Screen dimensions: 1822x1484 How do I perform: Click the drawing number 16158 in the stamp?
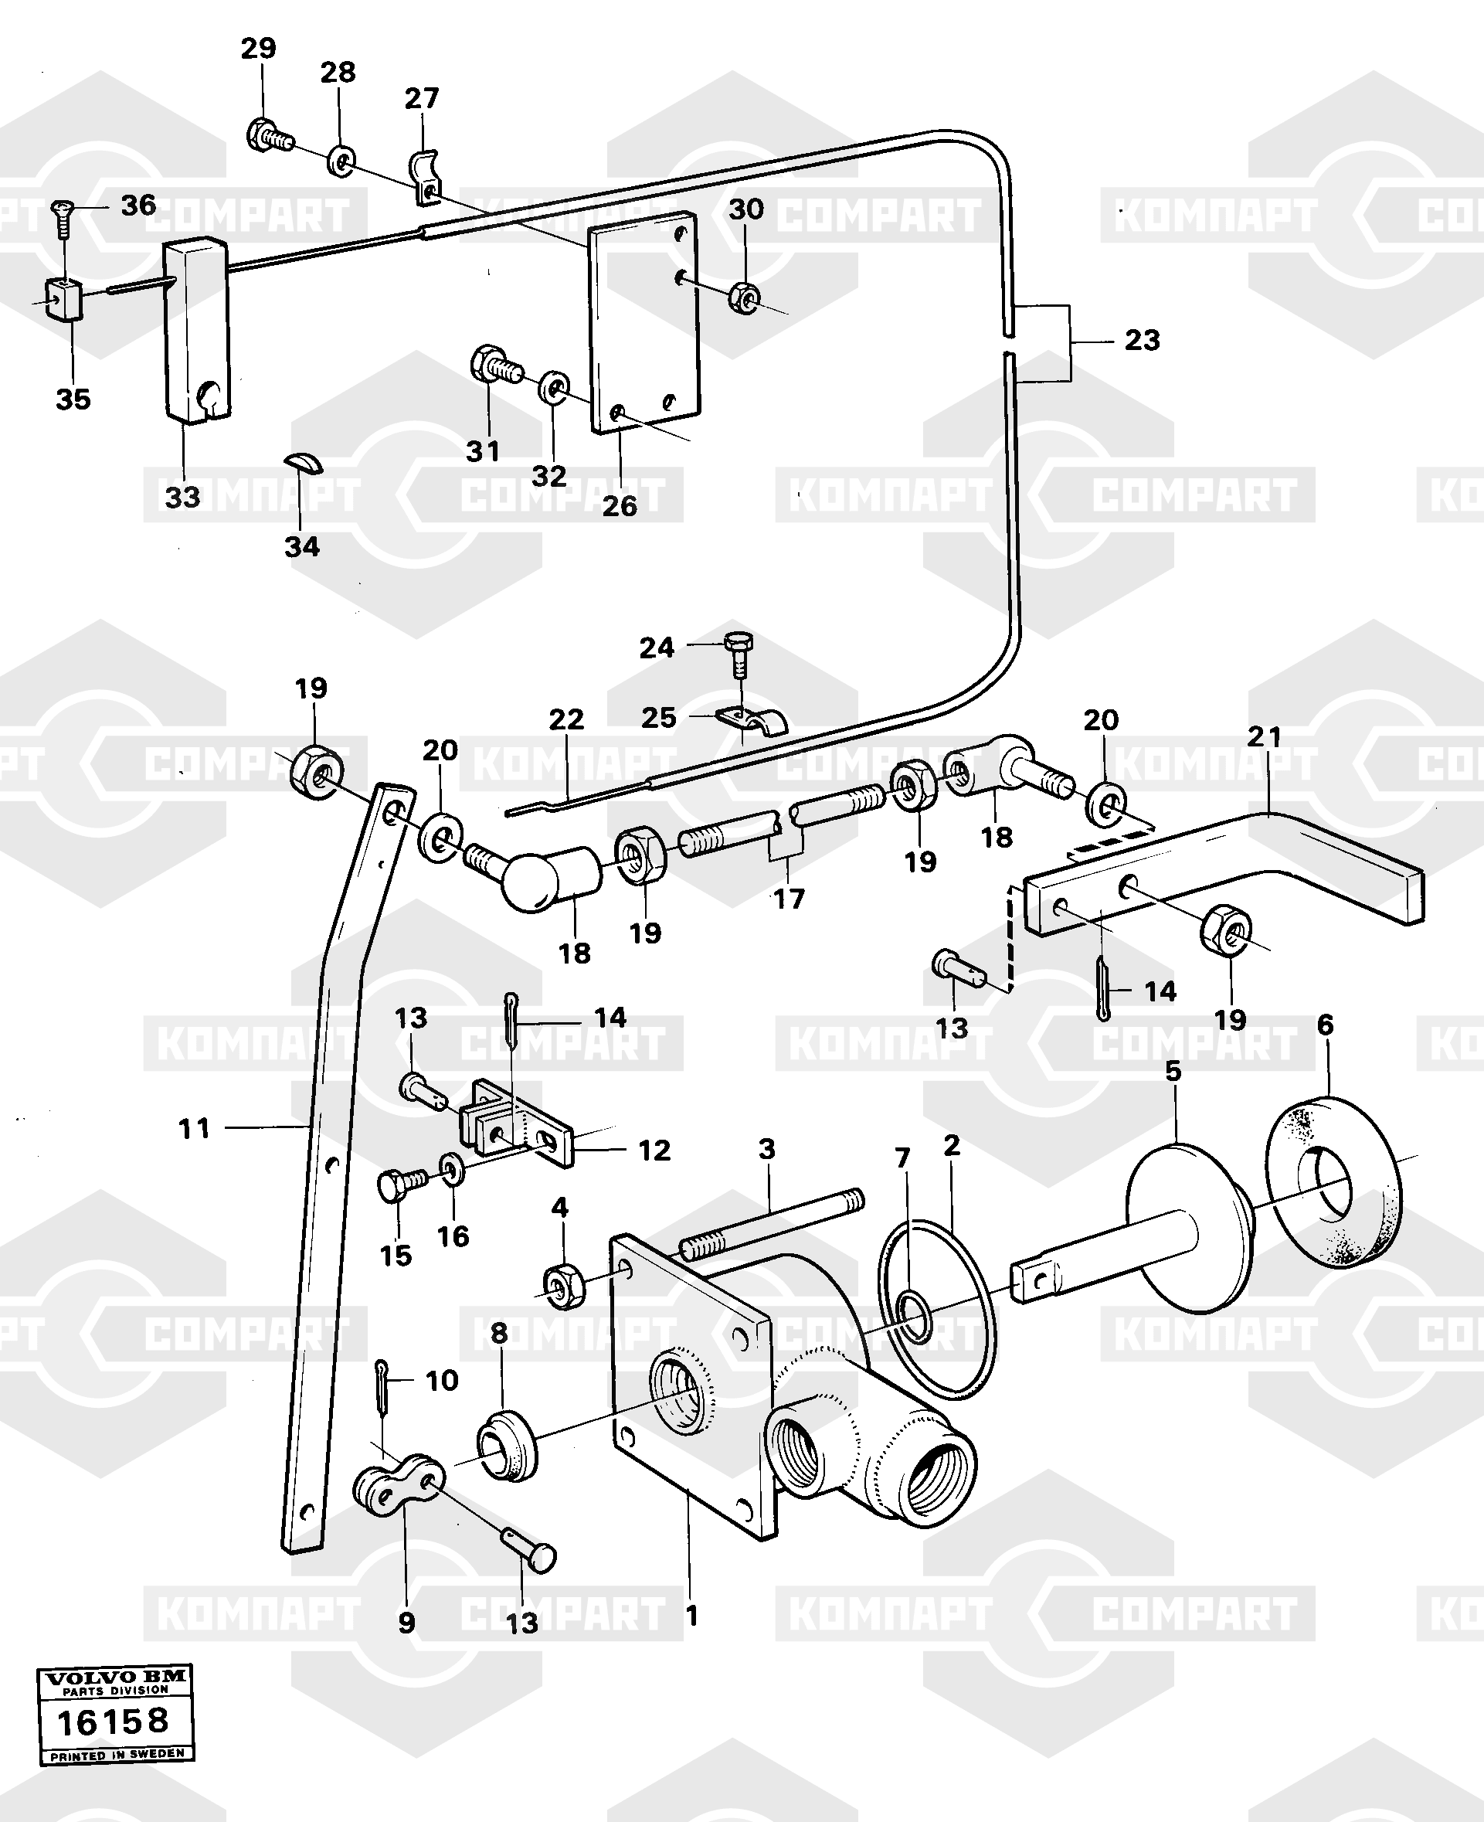(112, 1721)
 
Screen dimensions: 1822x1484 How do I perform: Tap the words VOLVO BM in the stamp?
(115, 1678)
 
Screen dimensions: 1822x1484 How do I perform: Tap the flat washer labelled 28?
(342, 161)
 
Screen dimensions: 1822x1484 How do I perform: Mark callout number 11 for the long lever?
(194, 1130)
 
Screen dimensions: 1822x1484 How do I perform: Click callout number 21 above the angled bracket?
(1265, 737)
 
